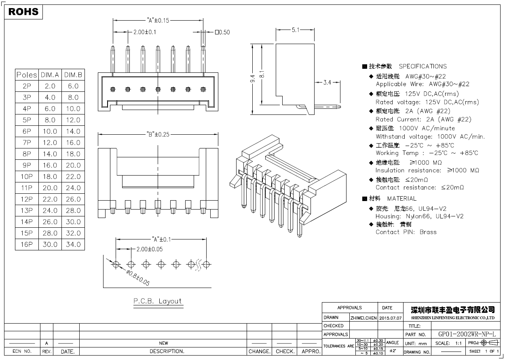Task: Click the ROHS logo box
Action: coord(23,12)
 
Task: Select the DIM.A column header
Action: coord(50,75)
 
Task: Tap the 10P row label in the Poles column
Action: coord(27,176)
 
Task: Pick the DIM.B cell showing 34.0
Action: coord(73,244)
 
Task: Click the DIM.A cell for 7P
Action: coord(50,142)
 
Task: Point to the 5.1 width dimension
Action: coord(295,30)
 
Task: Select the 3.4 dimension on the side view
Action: coord(327,83)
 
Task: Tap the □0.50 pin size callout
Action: coord(222,32)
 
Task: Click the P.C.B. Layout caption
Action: coord(158,301)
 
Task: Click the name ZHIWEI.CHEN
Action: coord(363,318)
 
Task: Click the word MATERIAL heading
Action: coord(401,199)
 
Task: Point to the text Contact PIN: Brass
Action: coord(406,232)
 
